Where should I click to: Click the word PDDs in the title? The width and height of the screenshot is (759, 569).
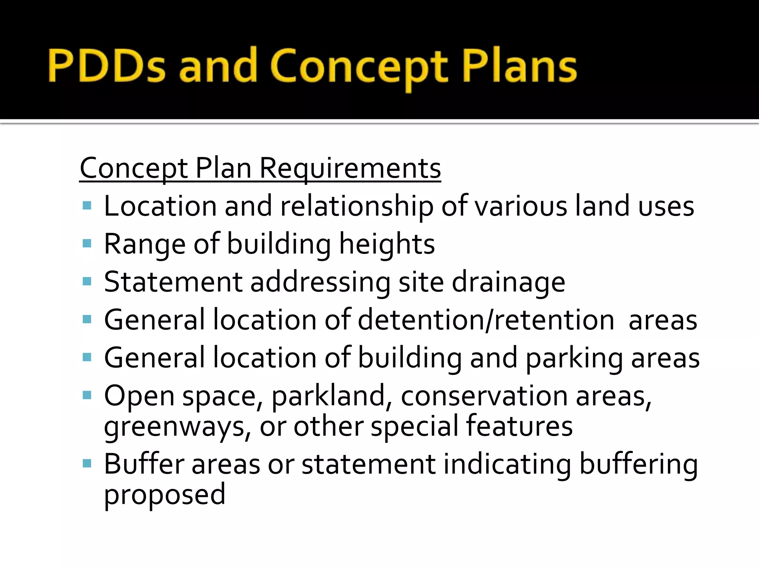tap(106, 66)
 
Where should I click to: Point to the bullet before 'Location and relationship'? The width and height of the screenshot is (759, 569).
tap(87, 206)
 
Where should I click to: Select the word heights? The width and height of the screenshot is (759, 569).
tap(387, 244)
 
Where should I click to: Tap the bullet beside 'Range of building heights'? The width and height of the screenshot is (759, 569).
tap(87, 243)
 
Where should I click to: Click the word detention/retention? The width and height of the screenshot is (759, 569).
tap(486, 320)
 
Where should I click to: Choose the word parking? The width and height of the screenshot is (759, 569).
tap(574, 359)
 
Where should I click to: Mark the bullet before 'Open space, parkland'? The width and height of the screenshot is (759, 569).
tap(87, 395)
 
